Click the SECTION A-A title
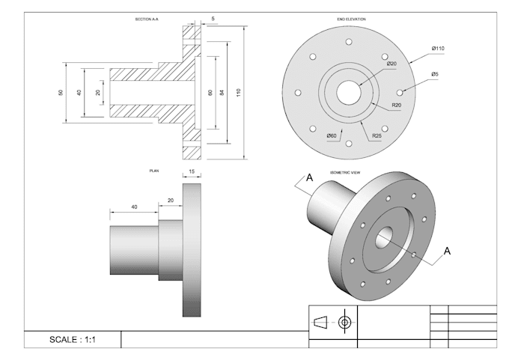click(x=146, y=19)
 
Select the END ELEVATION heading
click(x=352, y=19)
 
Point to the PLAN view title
click(x=154, y=171)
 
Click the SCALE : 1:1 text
click(x=73, y=340)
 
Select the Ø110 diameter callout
click(x=438, y=49)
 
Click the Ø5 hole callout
click(x=435, y=74)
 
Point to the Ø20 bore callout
click(x=391, y=64)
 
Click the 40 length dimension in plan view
click(x=134, y=207)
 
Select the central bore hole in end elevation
click(x=348, y=92)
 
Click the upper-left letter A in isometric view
click(x=308, y=178)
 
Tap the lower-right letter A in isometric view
click(x=448, y=251)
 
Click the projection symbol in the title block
click(x=333, y=322)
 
